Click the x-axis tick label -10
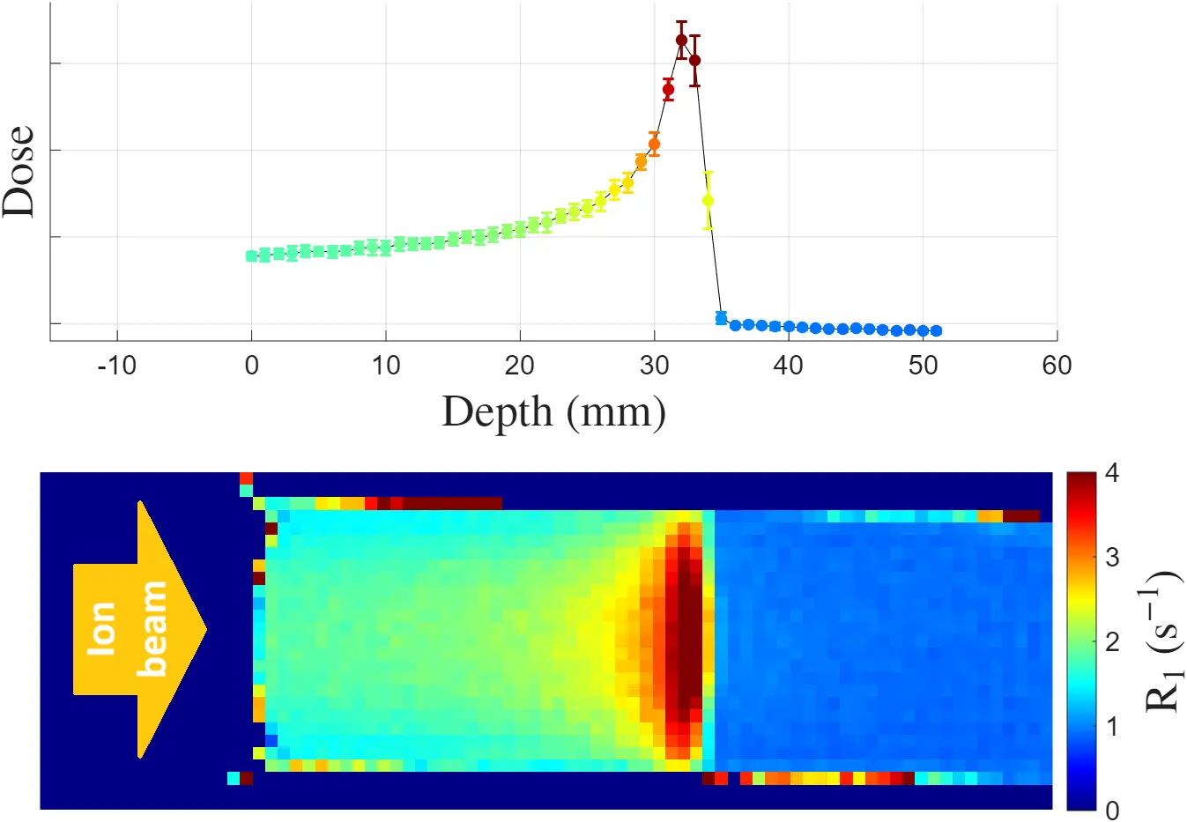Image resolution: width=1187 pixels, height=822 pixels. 116,366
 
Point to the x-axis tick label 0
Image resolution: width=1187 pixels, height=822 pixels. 251,366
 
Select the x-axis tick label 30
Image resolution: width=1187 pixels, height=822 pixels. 654,366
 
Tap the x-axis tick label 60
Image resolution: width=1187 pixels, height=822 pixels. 1057,366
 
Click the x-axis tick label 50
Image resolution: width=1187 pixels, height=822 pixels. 923,366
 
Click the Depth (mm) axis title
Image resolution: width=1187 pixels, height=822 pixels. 553,412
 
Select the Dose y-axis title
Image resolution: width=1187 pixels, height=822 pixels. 19,172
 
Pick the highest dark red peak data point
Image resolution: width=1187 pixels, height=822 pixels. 681,40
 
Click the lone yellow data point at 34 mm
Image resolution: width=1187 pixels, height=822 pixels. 708,200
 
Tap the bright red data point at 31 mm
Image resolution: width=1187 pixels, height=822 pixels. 668,89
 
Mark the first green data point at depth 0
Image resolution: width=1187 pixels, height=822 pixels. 252,255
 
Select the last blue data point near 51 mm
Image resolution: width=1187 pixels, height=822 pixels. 936,330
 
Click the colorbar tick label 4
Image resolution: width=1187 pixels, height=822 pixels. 1112,473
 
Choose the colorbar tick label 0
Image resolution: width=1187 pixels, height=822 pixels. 1112,809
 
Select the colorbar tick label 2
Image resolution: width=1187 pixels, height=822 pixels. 1112,641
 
